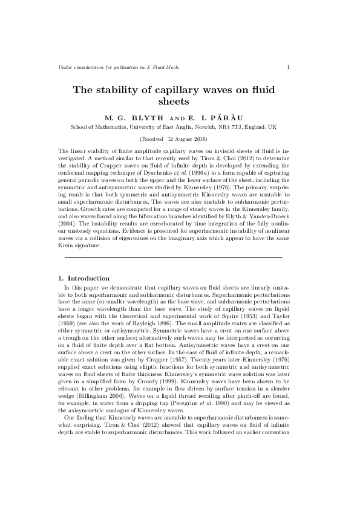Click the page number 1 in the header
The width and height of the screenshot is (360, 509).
287,66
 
